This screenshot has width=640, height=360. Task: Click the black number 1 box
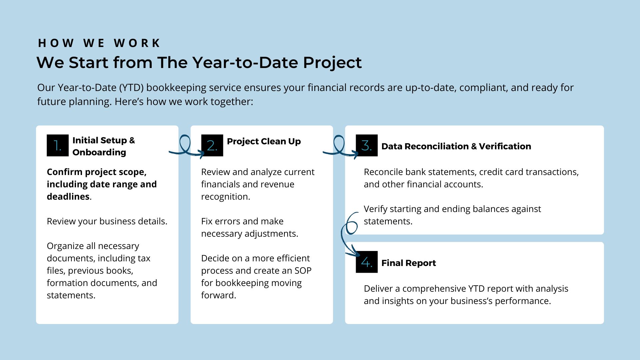tap(58, 145)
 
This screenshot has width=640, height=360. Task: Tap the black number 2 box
tap(212, 145)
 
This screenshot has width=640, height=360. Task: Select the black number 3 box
tap(367, 145)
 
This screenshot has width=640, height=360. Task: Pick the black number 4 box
tap(367, 262)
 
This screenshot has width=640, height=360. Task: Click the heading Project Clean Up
tap(264, 141)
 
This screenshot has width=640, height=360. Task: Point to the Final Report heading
tap(408, 263)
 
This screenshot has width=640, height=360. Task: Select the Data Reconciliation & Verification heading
tap(456, 146)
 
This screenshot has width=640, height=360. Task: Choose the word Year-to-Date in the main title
tap(245, 63)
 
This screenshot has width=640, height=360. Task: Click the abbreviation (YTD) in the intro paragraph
tap(131, 88)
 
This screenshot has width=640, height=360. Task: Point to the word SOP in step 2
tap(303, 271)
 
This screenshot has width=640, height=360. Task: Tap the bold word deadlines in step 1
tap(68, 197)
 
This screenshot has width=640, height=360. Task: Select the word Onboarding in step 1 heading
tap(99, 153)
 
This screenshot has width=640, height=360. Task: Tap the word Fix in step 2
tap(207, 221)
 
